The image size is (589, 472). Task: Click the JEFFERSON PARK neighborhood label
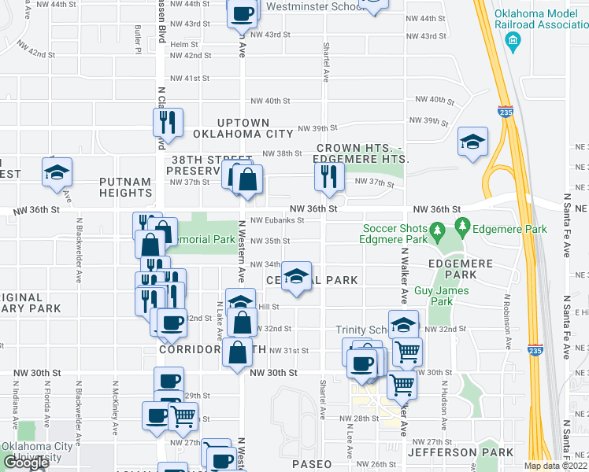pos(454,452)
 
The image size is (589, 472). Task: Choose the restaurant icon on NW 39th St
pos(168,121)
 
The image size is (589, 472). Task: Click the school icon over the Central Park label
pos(296,276)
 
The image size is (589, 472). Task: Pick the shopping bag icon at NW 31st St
pos(237,352)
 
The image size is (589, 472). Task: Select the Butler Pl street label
pos(138,39)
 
